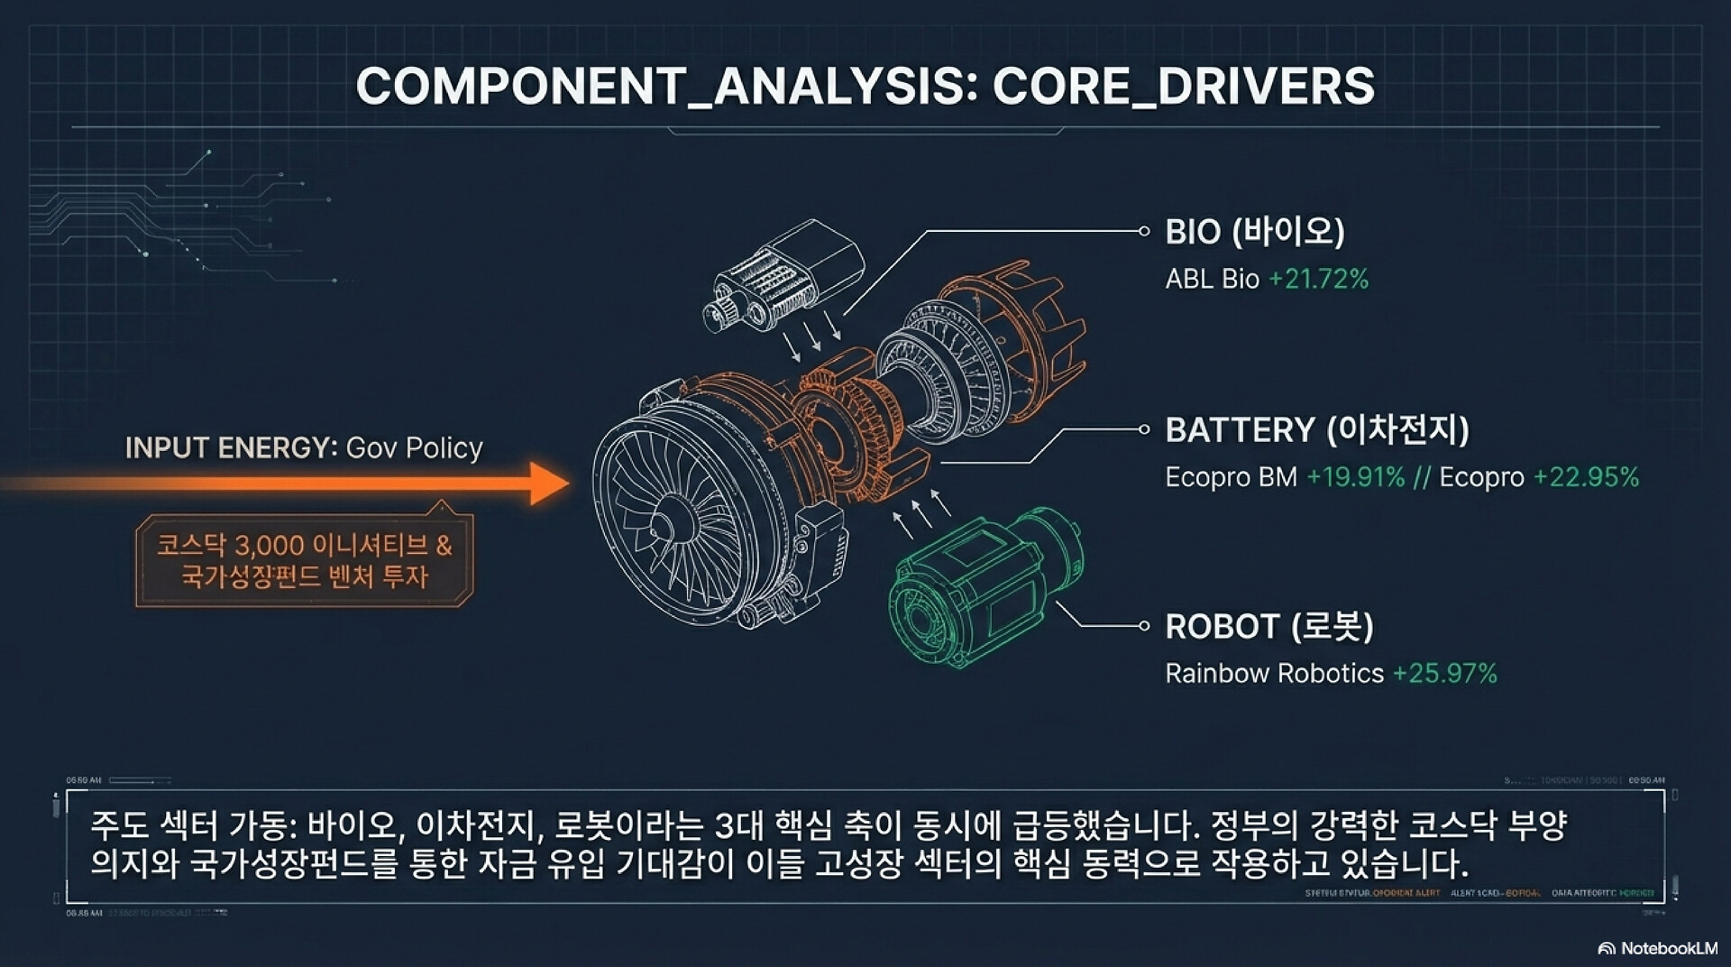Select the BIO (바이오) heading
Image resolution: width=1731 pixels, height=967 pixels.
tap(1254, 232)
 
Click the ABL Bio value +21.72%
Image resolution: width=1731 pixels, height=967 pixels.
tap(1318, 280)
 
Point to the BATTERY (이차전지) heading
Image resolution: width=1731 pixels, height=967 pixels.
tap(1316, 429)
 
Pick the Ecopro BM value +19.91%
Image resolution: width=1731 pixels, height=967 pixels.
tap(1355, 477)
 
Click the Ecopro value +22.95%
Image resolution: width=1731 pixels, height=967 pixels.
tap(1586, 477)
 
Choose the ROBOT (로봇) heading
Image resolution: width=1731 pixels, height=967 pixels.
tap(1268, 626)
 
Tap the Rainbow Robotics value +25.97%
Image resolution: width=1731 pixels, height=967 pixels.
tap(1444, 674)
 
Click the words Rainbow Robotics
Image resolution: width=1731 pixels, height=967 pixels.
tap(1274, 674)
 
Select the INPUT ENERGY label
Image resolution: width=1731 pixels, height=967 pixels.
tap(230, 447)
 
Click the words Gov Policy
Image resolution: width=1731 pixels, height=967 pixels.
tap(415, 448)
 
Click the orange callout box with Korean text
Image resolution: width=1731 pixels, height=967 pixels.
tap(305, 560)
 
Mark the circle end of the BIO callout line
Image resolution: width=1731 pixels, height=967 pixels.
tap(1144, 232)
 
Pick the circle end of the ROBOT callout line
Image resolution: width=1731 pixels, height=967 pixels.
tap(1144, 626)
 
